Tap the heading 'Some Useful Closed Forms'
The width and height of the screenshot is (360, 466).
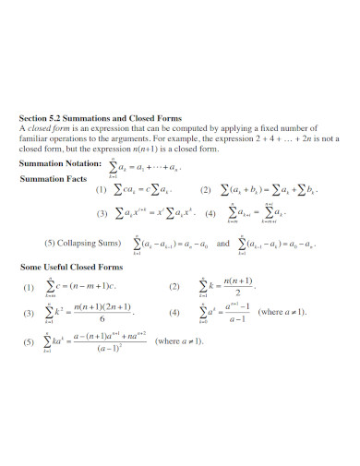[x=71, y=266]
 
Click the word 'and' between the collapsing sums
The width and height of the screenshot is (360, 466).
[x=222, y=244]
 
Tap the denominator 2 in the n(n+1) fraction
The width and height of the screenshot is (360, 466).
[x=237, y=291]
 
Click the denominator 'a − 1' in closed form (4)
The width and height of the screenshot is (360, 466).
[x=239, y=318]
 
